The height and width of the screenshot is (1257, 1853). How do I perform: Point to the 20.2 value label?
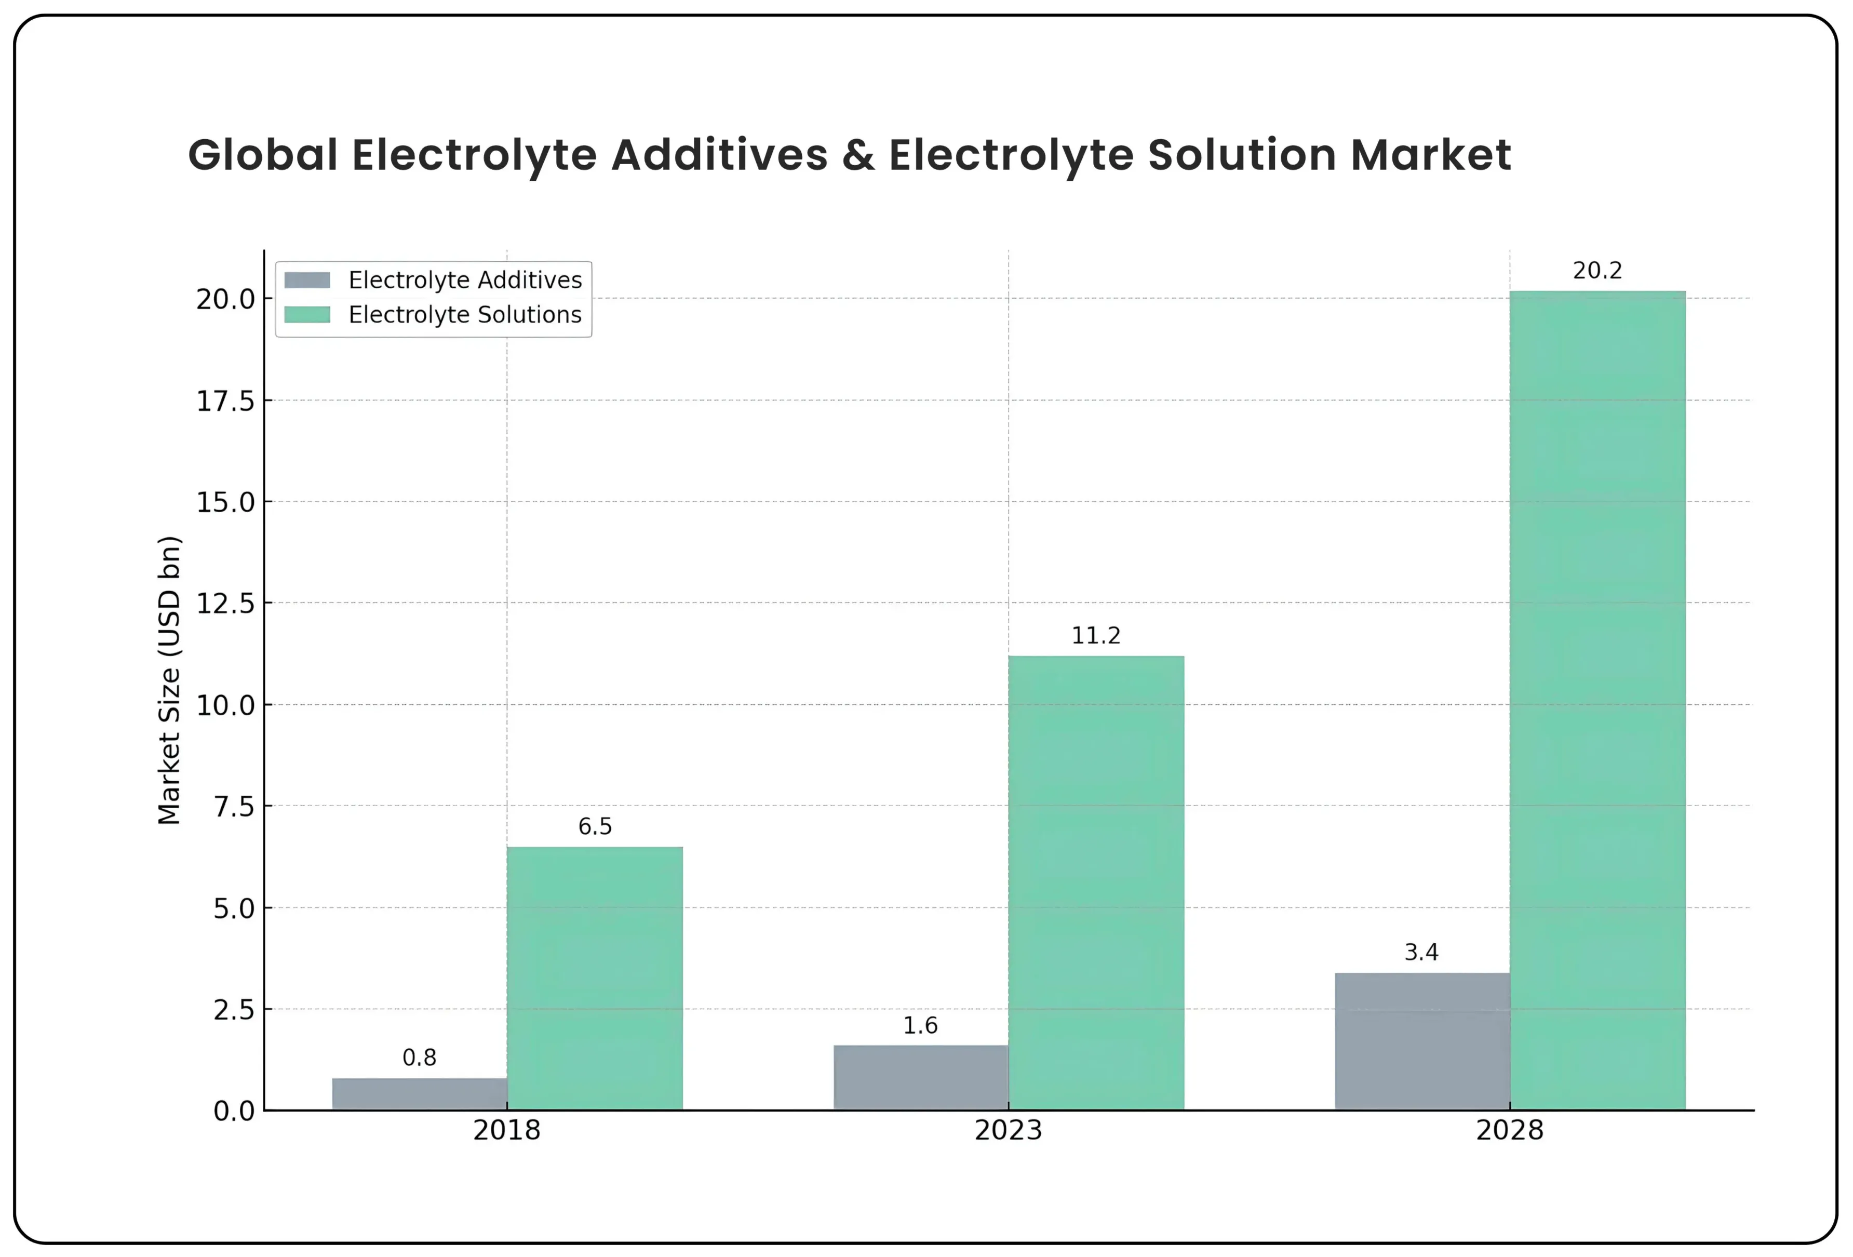[x=1597, y=271]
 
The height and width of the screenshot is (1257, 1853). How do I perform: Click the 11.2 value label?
[x=1095, y=636]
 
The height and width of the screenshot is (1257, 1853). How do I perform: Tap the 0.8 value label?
[x=420, y=1058]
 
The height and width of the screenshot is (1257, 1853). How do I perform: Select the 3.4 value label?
[x=1421, y=952]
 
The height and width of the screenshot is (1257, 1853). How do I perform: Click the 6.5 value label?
[x=595, y=826]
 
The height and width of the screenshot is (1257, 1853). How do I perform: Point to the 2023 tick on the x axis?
[x=1008, y=1130]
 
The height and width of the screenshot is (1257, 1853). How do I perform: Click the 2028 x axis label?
[x=1509, y=1130]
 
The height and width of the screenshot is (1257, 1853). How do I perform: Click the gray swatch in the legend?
[x=307, y=280]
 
